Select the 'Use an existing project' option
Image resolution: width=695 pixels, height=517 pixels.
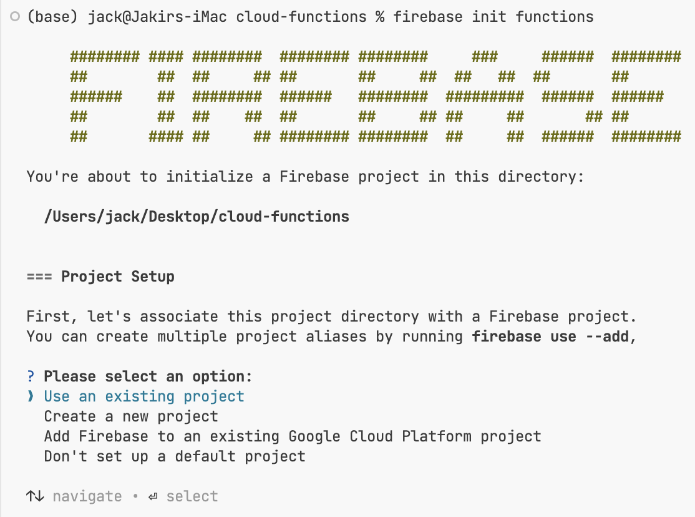click(x=143, y=396)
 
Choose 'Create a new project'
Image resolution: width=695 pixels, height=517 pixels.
click(x=131, y=416)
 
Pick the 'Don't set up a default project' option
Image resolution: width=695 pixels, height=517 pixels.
click(x=175, y=456)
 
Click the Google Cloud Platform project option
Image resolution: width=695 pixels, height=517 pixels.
click(x=292, y=436)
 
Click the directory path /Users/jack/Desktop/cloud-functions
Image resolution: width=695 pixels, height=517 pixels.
click(x=197, y=217)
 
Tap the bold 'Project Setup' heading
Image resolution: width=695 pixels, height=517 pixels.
click(x=118, y=277)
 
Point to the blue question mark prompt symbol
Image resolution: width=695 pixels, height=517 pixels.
click(x=31, y=377)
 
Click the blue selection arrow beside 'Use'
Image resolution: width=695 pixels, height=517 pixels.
click(x=31, y=396)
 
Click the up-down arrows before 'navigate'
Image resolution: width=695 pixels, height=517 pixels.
click(x=35, y=496)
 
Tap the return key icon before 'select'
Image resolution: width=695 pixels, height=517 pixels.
click(x=153, y=496)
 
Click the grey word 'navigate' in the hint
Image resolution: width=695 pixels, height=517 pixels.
click(x=87, y=496)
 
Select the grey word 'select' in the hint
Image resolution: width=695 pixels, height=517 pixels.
click(x=192, y=496)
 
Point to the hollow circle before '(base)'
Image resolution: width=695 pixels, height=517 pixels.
click(x=15, y=17)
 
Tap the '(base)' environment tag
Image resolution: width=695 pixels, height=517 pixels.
click(x=52, y=17)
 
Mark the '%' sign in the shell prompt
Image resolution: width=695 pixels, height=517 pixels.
click(x=380, y=17)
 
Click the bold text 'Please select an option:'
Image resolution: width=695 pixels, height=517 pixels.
click(x=148, y=377)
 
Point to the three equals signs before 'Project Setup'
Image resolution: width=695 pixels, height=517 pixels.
click(x=39, y=277)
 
